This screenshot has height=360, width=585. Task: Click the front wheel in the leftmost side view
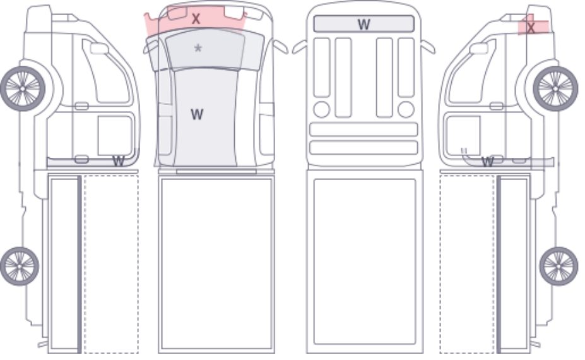[x=23, y=89]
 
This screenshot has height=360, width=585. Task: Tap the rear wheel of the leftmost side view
[x=20, y=266]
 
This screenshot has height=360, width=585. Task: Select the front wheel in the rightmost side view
[x=555, y=89]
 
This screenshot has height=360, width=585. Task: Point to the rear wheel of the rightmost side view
[x=558, y=266]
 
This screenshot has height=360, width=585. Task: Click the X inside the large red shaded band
[x=196, y=19]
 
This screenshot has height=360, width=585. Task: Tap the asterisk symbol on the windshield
[x=198, y=48]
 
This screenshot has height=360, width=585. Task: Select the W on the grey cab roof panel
[x=197, y=114]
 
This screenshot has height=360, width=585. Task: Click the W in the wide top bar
[x=363, y=24]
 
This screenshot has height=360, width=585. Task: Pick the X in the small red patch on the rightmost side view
[x=531, y=27]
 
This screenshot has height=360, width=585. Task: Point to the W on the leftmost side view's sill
[x=118, y=161]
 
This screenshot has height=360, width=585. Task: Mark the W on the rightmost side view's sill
[x=488, y=162]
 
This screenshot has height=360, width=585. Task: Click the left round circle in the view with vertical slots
[x=322, y=109]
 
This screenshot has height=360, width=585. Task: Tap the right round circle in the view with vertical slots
[x=406, y=109]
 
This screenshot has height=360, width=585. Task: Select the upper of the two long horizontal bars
[x=363, y=129]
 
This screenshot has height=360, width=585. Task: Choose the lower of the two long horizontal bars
[x=363, y=148]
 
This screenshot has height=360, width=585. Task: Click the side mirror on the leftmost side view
[x=99, y=49]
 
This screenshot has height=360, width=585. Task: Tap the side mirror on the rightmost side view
[x=479, y=49]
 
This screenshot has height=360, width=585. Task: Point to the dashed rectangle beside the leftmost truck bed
[x=111, y=263]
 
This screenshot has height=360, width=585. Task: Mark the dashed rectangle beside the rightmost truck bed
[x=468, y=263]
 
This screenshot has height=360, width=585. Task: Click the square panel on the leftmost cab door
[x=115, y=135]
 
